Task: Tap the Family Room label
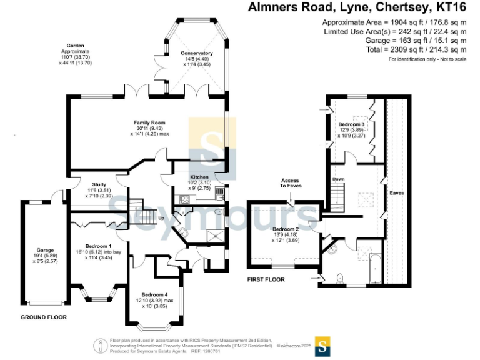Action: point(149,122)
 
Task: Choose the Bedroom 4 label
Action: point(154,294)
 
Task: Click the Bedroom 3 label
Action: point(351,124)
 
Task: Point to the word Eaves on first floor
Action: point(397,193)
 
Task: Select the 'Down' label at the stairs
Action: point(338,179)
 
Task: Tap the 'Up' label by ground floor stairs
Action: point(161,218)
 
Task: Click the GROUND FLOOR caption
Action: point(44,317)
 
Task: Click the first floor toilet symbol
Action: point(339,277)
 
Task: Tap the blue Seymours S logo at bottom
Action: point(322,345)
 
